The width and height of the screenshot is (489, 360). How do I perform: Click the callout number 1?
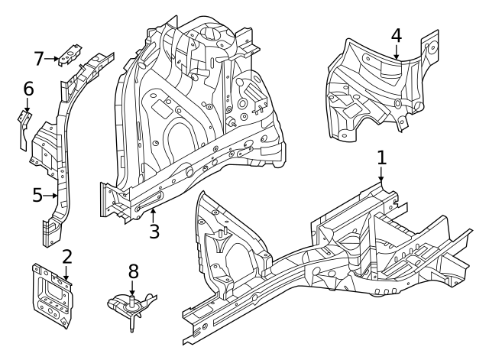[x=382, y=158]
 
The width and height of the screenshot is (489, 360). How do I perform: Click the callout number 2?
[x=66, y=256]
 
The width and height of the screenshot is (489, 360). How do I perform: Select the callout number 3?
[x=154, y=230]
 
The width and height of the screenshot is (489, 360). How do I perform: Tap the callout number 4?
[x=396, y=35]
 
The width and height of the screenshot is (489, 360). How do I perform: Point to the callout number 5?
[x=37, y=196]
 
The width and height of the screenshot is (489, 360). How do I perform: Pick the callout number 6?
[x=28, y=89]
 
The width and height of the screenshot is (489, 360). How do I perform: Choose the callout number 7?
[x=40, y=58]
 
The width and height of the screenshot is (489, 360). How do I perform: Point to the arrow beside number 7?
[x=55, y=58]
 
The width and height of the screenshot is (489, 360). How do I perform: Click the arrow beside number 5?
[x=53, y=196]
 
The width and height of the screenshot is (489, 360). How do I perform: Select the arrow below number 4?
[x=396, y=52]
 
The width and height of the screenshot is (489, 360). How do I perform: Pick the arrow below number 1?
[x=382, y=175]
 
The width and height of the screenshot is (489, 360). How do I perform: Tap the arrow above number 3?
[x=154, y=213]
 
